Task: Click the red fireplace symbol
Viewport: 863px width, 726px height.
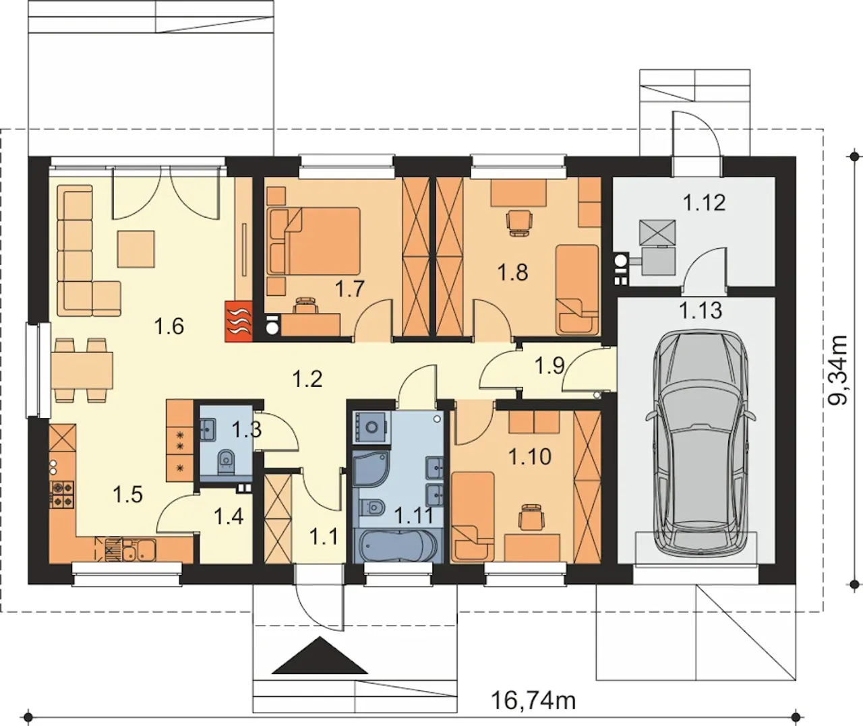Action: (239, 321)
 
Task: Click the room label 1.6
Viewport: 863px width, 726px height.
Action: (169, 326)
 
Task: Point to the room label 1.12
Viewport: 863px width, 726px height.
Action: (704, 203)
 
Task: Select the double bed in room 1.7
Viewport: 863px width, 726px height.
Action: (314, 241)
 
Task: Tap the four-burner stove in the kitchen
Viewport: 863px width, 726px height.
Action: (62, 495)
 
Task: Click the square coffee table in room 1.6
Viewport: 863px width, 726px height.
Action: (136, 249)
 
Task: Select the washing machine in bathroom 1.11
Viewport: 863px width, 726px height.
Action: (371, 427)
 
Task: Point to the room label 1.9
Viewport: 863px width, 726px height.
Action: (549, 365)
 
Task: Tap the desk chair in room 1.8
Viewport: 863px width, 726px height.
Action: (518, 223)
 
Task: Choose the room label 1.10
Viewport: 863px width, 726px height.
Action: (530, 457)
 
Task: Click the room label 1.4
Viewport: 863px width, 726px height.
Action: (229, 516)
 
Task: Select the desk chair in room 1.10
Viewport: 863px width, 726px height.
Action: (531, 516)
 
